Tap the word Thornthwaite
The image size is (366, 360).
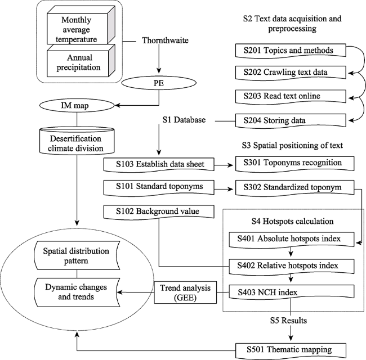[x=165, y=40]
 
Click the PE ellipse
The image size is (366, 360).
[x=159, y=83]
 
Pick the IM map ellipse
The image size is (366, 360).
[x=77, y=106]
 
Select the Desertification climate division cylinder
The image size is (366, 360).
[x=77, y=141]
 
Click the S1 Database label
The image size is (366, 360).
[x=184, y=120]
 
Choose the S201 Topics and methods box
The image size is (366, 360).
[x=291, y=51]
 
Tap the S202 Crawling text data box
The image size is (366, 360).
[x=291, y=72]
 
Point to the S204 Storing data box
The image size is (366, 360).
[x=291, y=120]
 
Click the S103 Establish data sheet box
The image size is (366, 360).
[x=159, y=164]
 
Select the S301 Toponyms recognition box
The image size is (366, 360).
[x=294, y=163]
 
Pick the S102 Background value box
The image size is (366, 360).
[x=159, y=211]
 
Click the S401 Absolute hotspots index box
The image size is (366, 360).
[x=292, y=239]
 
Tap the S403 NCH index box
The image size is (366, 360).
[x=292, y=292]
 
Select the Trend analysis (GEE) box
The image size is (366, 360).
[x=185, y=292]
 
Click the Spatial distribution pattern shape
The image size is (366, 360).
[x=77, y=256]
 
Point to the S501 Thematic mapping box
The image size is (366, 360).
[x=291, y=350]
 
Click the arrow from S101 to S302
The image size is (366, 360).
[x=224, y=190]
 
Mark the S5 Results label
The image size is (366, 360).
[x=288, y=321]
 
